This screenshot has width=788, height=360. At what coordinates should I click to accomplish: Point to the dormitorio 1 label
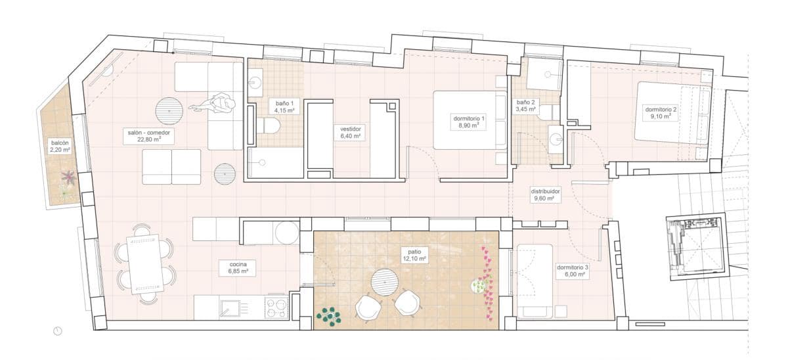pos(469,121)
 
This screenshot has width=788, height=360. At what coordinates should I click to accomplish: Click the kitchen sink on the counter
pos(230,307)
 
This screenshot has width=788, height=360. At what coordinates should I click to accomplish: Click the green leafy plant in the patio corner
pos(329,317)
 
